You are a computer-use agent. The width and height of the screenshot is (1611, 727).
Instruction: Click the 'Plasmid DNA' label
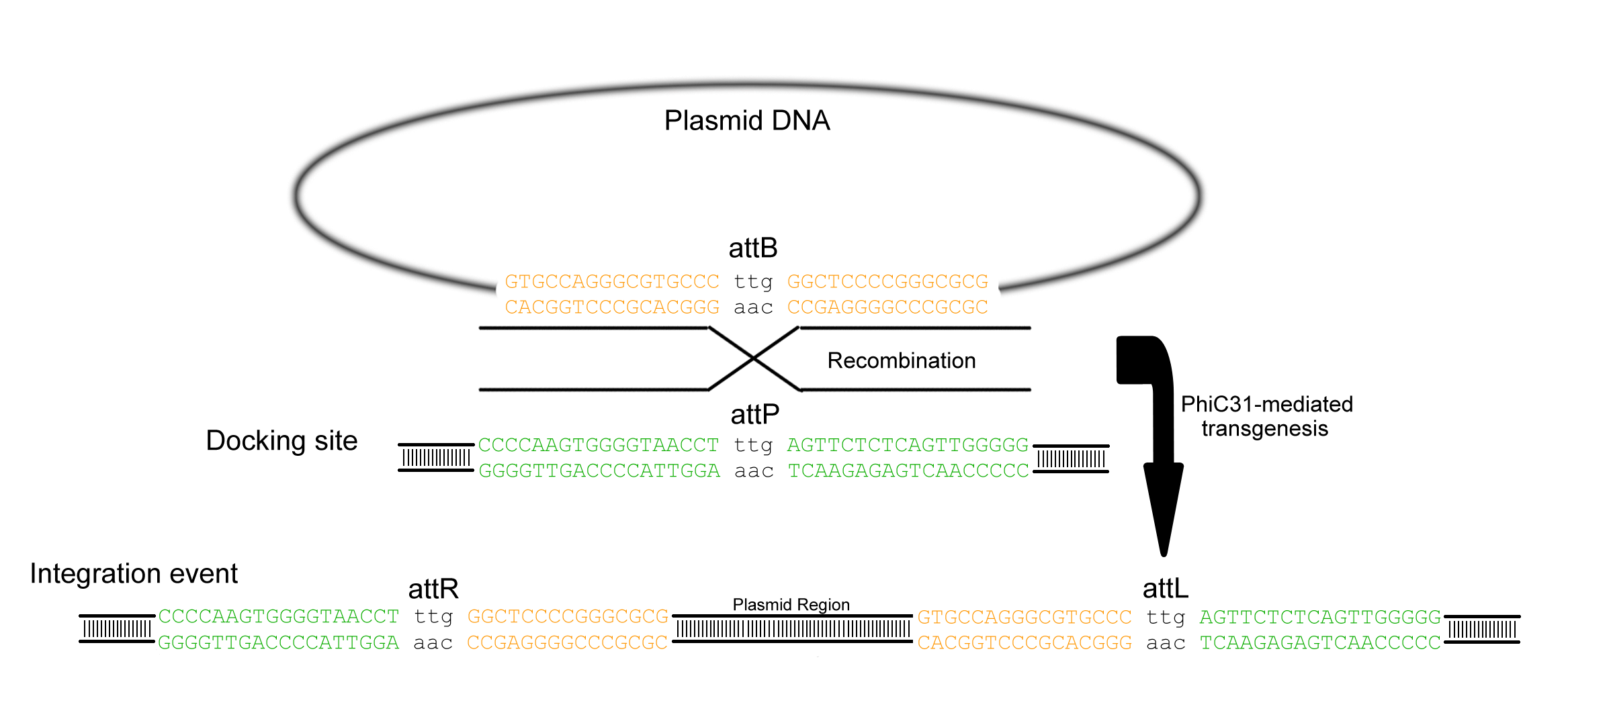pyautogui.click(x=747, y=121)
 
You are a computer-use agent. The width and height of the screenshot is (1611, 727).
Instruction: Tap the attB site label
pyautogui.click(x=753, y=248)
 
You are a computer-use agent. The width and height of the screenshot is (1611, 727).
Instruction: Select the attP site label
pyautogui.click(x=755, y=415)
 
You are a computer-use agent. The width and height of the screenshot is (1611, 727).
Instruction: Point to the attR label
pyautogui.click(x=433, y=589)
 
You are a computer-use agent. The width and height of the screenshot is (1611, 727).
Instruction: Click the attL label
pyautogui.click(x=1166, y=589)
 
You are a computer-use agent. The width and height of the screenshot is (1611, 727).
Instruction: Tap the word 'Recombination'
pyautogui.click(x=902, y=360)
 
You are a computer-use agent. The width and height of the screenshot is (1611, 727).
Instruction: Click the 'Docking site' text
pyautogui.click(x=281, y=441)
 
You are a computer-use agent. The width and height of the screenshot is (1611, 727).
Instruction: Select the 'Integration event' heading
pyautogui.click(x=134, y=574)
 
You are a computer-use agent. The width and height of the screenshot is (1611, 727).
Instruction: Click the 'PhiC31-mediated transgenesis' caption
pyautogui.click(x=1266, y=416)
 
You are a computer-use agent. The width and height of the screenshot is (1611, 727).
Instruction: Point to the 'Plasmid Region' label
pyautogui.click(x=791, y=605)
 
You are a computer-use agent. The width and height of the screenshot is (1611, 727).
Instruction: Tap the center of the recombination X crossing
pyautogui.click(x=754, y=359)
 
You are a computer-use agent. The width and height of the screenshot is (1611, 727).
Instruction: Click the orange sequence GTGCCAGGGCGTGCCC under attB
pyautogui.click(x=612, y=281)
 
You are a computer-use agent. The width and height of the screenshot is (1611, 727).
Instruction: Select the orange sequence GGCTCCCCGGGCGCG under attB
pyautogui.click(x=887, y=281)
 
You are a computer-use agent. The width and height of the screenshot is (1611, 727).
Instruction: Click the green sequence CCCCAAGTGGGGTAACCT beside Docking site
pyautogui.click(x=599, y=445)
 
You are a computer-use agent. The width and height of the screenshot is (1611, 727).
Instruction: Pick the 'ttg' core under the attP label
pyautogui.click(x=753, y=446)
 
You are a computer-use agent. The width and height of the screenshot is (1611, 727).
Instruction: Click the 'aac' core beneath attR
pyautogui.click(x=433, y=643)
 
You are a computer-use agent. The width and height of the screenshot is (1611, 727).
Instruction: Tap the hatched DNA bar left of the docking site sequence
pyautogui.click(x=436, y=458)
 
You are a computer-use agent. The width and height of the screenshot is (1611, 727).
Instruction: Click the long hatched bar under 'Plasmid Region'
pyautogui.click(x=792, y=629)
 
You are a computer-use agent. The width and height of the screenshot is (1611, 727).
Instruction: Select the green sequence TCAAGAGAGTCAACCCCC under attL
pyautogui.click(x=1321, y=643)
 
